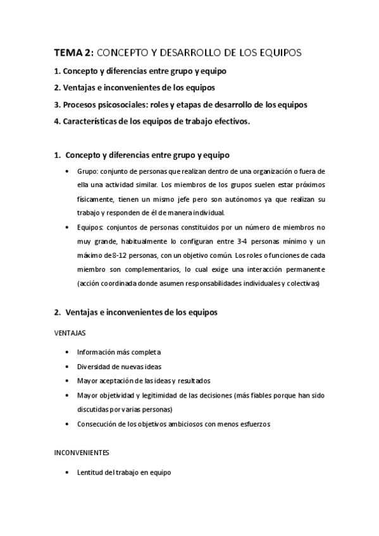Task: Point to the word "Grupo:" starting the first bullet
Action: pyautogui.click(x=88, y=171)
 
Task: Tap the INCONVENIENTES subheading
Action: pyautogui.click(x=83, y=453)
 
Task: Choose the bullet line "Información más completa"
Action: pyautogui.click(x=119, y=351)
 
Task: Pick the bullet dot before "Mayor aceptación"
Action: pyautogui.click(x=68, y=381)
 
